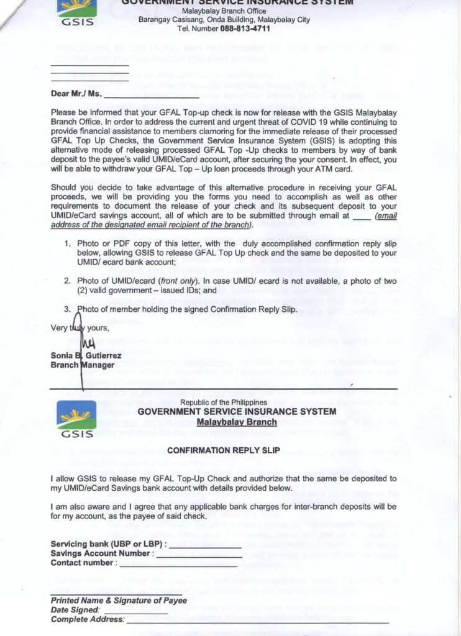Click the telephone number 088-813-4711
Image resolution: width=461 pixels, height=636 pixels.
pyautogui.click(x=245, y=29)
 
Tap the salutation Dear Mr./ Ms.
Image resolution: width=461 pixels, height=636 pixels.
pyautogui.click(x=76, y=95)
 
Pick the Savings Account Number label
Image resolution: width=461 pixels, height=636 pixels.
pyautogui.click(x=101, y=553)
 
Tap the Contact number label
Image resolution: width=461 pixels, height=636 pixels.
pyautogui.click(x=83, y=563)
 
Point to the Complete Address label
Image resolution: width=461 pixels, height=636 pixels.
pyautogui.click(x=87, y=619)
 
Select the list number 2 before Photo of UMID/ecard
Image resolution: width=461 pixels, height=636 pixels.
pyautogui.click(x=68, y=281)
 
